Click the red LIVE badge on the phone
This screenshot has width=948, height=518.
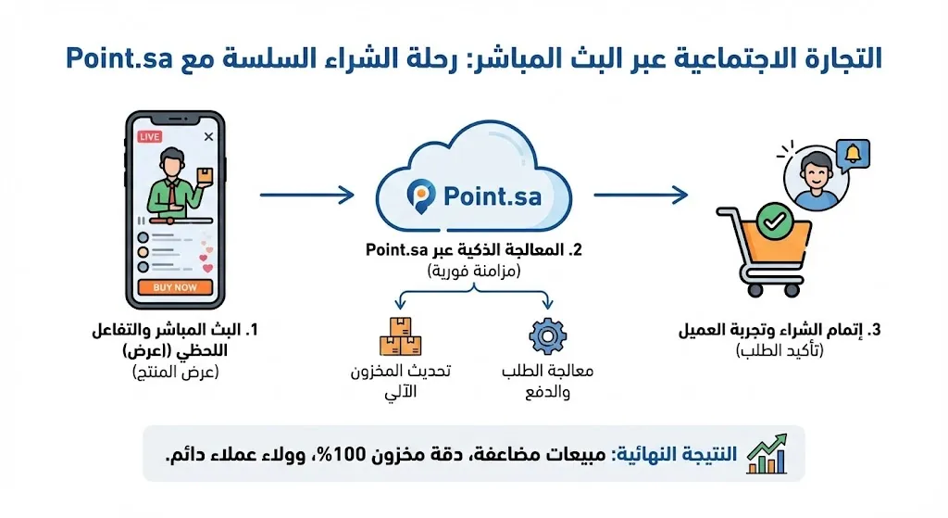click(149, 136)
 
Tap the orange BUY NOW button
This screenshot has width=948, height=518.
click(175, 287)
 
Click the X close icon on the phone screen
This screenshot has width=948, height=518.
click(208, 136)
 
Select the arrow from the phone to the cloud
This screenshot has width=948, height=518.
click(306, 196)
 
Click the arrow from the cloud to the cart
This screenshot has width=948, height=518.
click(640, 196)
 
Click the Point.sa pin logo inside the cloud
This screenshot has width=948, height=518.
click(421, 196)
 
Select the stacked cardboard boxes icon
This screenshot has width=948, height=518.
click(401, 337)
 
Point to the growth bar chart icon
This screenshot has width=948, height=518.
click(766, 454)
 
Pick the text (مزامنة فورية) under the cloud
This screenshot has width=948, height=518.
click(473, 271)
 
